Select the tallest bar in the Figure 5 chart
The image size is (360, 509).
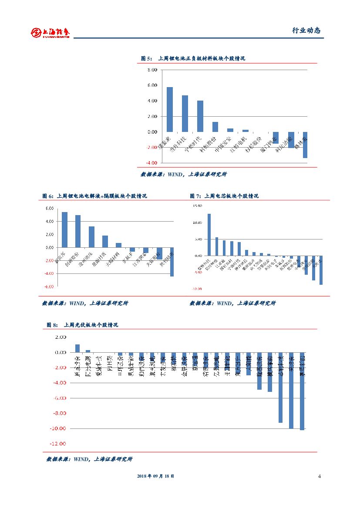click(170, 109)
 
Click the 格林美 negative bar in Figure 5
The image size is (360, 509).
click(305, 145)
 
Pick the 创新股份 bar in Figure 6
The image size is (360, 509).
click(78, 231)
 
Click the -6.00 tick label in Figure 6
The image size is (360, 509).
click(49, 287)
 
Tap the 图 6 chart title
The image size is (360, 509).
click(94, 196)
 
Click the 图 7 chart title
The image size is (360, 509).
click(224, 196)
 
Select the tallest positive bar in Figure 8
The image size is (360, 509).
click(77, 348)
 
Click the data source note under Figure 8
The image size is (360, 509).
click(90, 459)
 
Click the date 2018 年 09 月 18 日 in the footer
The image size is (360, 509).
click(156, 476)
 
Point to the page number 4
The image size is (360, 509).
click(320, 476)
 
